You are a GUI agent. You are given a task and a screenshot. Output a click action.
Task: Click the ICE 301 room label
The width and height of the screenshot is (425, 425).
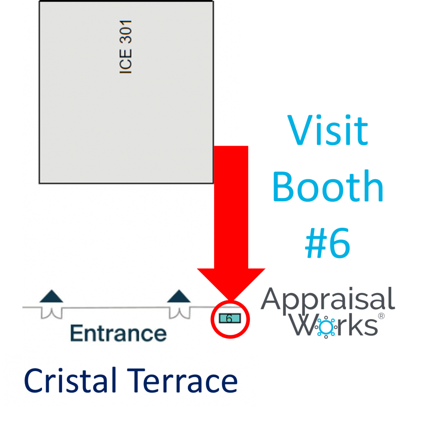pyautogui.click(x=126, y=46)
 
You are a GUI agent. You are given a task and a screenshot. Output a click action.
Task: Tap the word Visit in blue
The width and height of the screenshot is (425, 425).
pyautogui.click(x=328, y=130)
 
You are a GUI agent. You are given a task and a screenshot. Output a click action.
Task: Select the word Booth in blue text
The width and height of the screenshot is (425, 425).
pyautogui.click(x=328, y=186)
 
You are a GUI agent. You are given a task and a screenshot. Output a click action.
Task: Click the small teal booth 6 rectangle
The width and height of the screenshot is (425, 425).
pyautogui.click(x=230, y=318)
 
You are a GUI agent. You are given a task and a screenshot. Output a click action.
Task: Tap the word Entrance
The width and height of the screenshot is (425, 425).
pyautogui.click(x=118, y=333)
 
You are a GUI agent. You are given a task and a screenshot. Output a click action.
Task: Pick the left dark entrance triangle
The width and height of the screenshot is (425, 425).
pyautogui.click(x=51, y=296)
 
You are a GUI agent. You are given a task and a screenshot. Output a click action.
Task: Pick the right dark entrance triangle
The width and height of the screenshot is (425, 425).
pyautogui.click(x=179, y=296)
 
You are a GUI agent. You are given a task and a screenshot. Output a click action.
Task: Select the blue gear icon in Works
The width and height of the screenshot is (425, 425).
pyautogui.click(x=326, y=327)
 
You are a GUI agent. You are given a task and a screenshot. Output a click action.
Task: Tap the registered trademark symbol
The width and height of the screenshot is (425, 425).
pyautogui.click(x=381, y=316)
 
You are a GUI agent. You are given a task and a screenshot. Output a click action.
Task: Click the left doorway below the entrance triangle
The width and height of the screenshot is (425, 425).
pyautogui.click(x=52, y=313)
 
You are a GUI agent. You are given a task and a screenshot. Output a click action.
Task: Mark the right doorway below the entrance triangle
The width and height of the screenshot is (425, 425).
pyautogui.click(x=180, y=313)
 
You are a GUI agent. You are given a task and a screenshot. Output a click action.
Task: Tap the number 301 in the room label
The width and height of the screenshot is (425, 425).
pyautogui.click(x=126, y=32)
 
